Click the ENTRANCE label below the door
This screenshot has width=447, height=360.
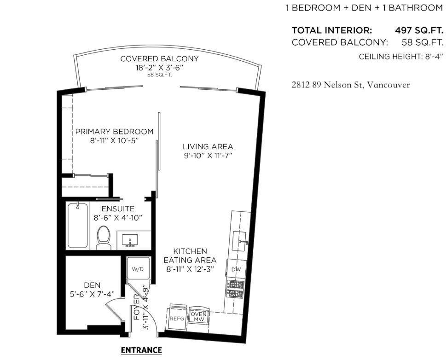[141, 350]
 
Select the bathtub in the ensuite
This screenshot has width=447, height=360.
[77, 226]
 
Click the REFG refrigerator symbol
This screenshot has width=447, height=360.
[177, 318]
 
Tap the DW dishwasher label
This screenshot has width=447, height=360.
[236, 269]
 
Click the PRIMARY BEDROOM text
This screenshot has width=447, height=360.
[114, 132]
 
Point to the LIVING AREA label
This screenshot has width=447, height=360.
[208, 146]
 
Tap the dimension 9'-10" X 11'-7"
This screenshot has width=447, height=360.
[208, 156]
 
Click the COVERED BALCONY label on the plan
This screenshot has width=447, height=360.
[159, 59]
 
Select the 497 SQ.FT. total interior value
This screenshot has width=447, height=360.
[419, 30]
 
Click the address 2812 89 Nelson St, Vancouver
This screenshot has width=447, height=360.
[350, 85]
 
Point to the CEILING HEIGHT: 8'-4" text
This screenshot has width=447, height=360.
[401, 57]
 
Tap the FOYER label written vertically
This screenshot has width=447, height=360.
[136, 308]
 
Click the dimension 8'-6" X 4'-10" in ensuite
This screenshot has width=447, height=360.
[118, 217]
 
